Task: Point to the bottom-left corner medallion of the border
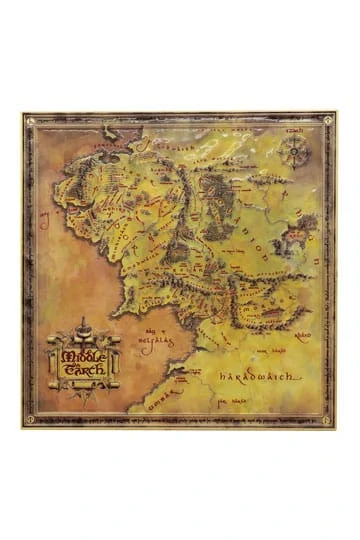pos(30,420)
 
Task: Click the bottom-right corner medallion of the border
pos(329,420)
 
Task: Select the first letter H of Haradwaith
pos(221,378)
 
